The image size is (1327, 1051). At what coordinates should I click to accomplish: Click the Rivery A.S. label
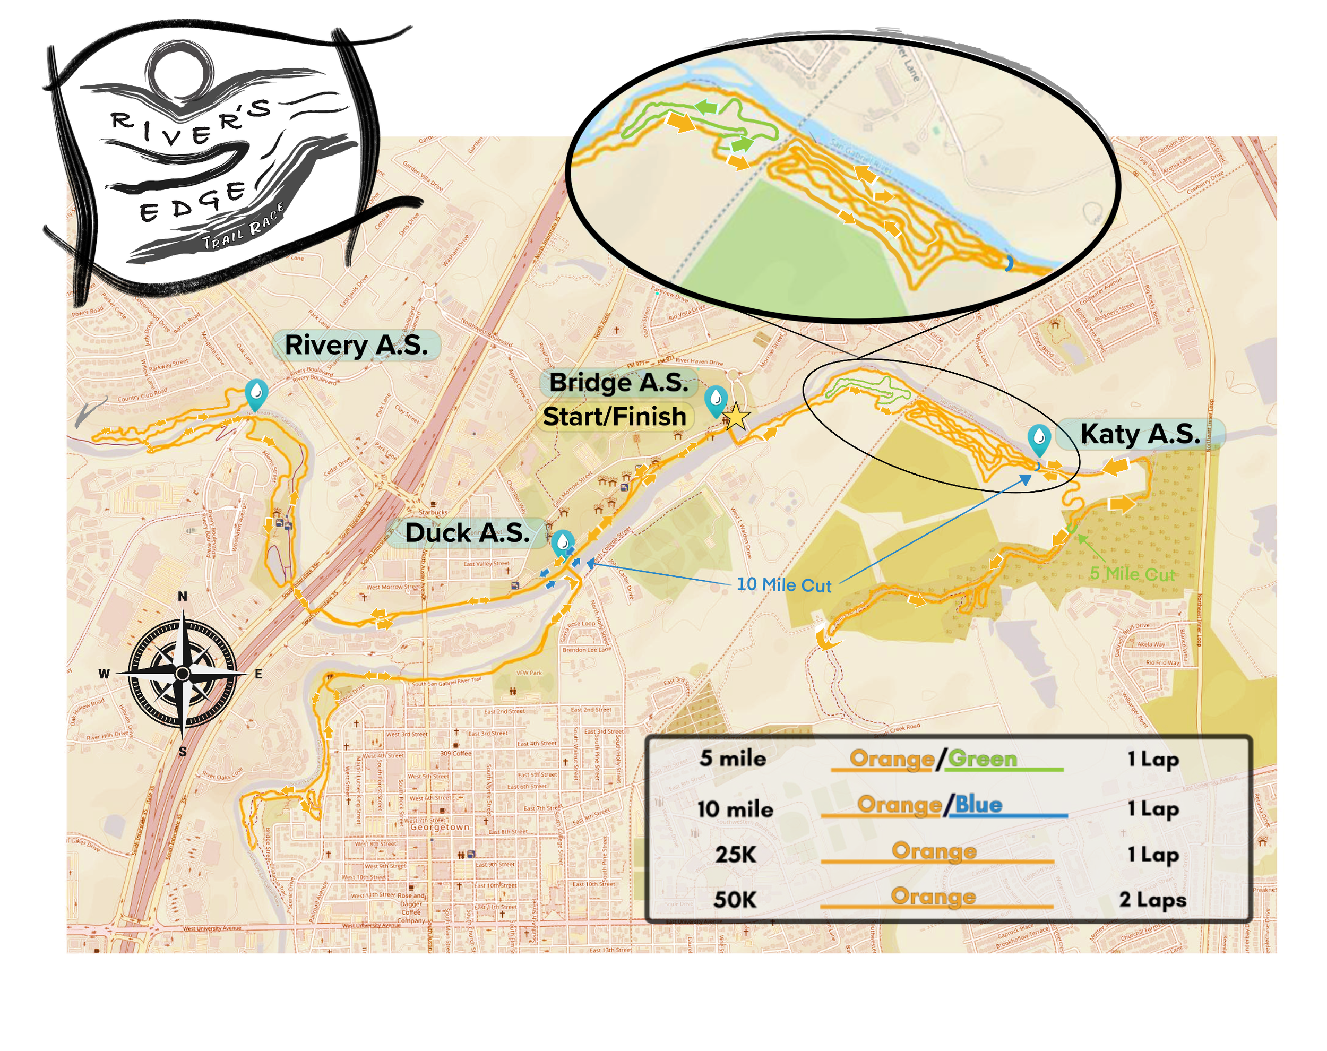pyautogui.click(x=356, y=345)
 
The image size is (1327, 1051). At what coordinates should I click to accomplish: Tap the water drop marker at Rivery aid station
pyautogui.click(x=256, y=392)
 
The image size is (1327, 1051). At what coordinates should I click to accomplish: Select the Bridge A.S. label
pyautogui.click(x=618, y=383)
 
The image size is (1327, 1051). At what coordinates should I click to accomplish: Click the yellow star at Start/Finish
pyautogui.click(x=736, y=418)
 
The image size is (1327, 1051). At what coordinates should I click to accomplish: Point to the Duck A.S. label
pyautogui.click(x=467, y=533)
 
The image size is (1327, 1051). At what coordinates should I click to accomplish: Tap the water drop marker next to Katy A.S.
pyautogui.click(x=1038, y=439)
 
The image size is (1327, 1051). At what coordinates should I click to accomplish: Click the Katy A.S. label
pyautogui.click(x=1139, y=434)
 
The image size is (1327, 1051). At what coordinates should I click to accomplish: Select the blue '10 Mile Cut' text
pyautogui.click(x=784, y=584)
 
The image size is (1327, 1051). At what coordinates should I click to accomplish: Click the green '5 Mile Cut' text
pyautogui.click(x=1132, y=574)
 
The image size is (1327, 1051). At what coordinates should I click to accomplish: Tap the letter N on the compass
pyautogui.click(x=182, y=596)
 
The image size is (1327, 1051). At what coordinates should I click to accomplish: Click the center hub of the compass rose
pyautogui.click(x=182, y=674)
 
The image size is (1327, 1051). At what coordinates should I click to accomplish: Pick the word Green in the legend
pyautogui.click(x=982, y=759)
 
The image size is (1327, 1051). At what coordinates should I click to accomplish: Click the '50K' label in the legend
pyautogui.click(x=735, y=900)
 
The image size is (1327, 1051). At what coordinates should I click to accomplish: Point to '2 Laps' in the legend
pyautogui.click(x=1152, y=900)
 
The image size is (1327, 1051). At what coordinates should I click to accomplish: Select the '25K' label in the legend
pyautogui.click(x=735, y=854)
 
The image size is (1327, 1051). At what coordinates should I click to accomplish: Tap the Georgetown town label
pyautogui.click(x=440, y=827)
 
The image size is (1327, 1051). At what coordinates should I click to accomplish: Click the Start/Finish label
pyautogui.click(x=614, y=417)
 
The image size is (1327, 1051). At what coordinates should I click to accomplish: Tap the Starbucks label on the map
pyautogui.click(x=433, y=512)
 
